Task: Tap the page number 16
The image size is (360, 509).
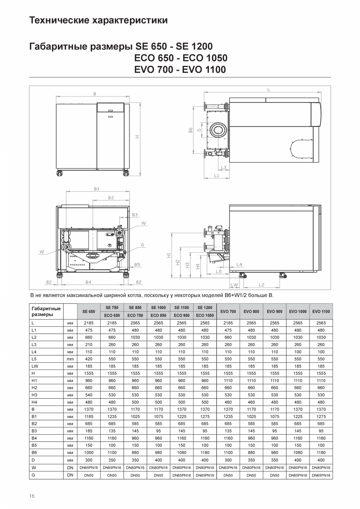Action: [32, 496]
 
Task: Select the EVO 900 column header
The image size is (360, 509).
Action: [274, 312]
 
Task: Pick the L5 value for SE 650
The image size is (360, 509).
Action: [89, 359]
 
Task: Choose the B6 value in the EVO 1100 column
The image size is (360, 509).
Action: [321, 453]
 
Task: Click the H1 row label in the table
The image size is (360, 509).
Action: [34, 380]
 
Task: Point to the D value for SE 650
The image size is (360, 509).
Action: [89, 460]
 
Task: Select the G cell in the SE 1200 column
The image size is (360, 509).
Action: [205, 475]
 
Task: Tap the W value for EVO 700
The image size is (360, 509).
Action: [228, 468]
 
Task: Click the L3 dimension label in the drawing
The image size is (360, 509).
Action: [223, 167]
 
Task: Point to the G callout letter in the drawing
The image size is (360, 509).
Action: [143, 245]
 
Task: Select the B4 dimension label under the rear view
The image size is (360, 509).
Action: [88, 282]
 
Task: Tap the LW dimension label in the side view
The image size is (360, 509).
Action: [234, 284]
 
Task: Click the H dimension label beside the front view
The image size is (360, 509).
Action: [137, 137]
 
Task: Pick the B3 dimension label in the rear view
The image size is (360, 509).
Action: [135, 215]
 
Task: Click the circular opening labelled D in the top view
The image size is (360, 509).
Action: [217, 130]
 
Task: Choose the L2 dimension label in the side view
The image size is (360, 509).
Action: [261, 284]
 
